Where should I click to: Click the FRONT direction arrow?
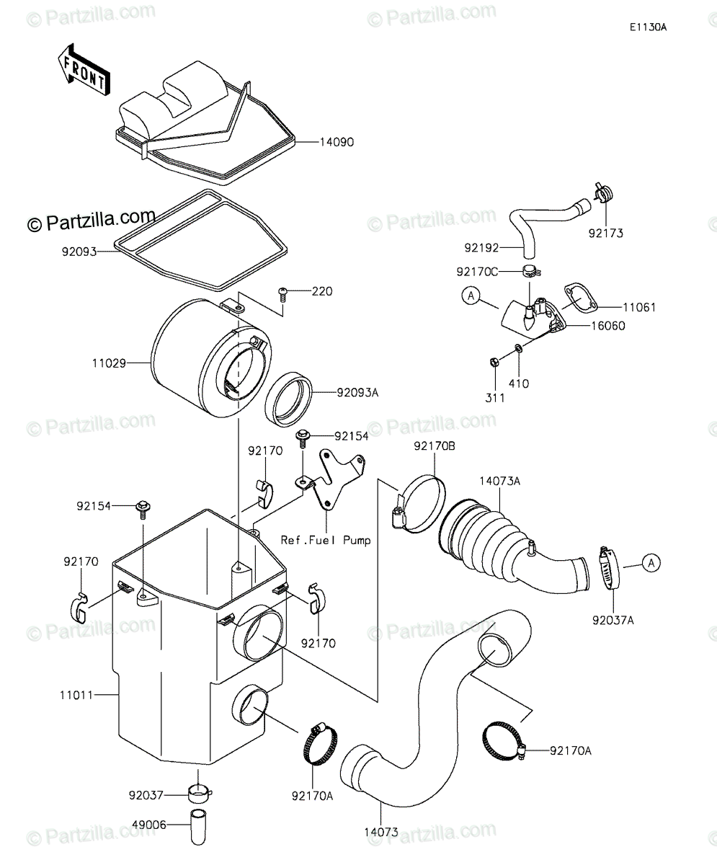pos(84,70)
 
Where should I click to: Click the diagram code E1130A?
pos(648,27)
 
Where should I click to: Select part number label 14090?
pos(337,142)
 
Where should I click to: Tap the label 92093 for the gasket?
pos(79,252)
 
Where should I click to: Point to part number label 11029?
pos(109,363)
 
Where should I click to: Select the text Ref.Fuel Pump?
pos(326,540)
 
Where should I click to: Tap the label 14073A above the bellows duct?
pos(500,481)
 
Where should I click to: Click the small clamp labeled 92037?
pos(200,794)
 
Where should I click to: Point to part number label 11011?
pos(76,695)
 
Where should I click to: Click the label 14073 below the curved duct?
pos(381,832)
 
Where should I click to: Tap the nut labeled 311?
pos(494,362)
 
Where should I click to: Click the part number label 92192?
pos(481,248)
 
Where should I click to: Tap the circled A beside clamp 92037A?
pos(651,563)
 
